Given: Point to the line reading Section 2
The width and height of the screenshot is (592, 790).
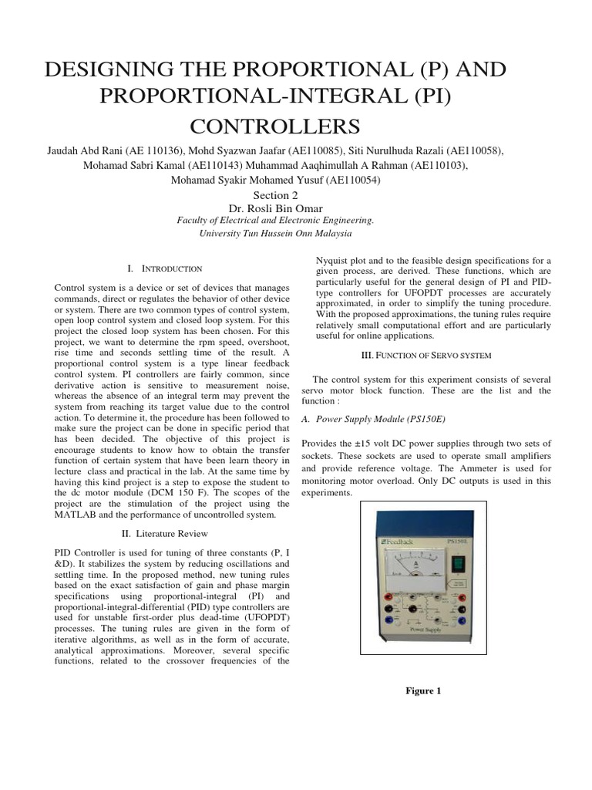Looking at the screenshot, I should (275, 195).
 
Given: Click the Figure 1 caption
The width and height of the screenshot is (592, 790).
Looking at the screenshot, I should (424, 690).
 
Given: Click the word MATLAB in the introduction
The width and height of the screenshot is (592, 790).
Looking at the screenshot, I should (81, 515).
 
